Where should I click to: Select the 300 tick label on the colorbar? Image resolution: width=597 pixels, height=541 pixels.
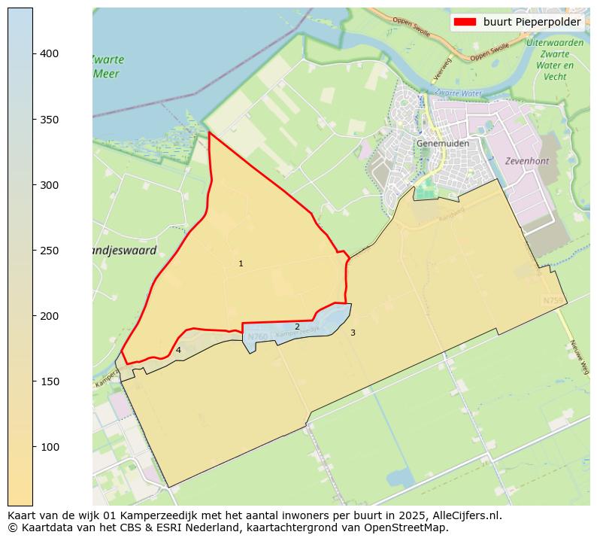tap(50, 185)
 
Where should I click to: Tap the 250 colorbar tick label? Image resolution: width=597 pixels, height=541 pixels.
tap(50, 251)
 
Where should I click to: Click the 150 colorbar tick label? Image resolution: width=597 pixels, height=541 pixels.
tap(50, 381)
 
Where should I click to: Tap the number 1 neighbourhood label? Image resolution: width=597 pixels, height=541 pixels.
tap(241, 264)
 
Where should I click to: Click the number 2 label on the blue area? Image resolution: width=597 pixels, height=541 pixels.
tap(297, 327)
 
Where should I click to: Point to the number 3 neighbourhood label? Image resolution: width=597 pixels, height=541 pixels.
tap(353, 333)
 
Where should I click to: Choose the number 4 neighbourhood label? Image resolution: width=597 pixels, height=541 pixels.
tap(178, 350)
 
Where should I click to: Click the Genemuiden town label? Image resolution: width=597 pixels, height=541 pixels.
tap(443, 144)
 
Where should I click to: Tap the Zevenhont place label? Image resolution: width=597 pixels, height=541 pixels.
tap(526, 161)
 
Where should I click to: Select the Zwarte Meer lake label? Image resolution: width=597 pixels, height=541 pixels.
tap(108, 67)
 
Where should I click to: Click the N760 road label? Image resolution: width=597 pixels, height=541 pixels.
tap(257, 336)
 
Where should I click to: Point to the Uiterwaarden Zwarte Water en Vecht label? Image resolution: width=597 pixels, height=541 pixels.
tap(555, 59)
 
